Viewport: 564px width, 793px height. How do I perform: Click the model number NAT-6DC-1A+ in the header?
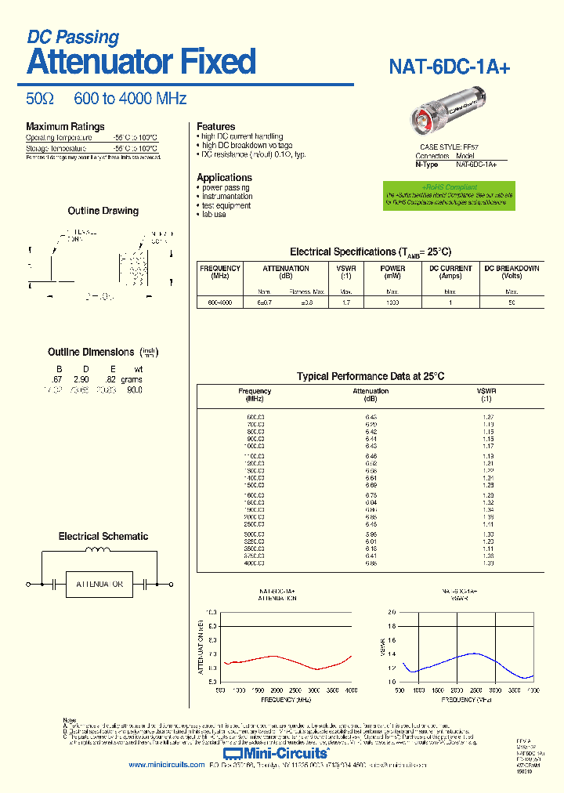[x=450, y=68]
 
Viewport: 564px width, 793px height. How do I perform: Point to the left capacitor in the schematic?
[x=54, y=585]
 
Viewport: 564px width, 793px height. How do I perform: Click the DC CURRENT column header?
[x=450, y=272]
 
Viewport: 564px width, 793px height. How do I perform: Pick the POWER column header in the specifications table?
[x=392, y=272]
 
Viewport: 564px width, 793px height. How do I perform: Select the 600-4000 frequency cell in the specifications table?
[x=220, y=302]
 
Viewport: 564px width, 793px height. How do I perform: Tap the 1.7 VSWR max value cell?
[x=345, y=302]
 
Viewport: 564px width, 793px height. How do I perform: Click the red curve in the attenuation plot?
[x=274, y=656]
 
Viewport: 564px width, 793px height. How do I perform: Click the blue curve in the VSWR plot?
[x=470, y=654]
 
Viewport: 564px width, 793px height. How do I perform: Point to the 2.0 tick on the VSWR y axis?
[x=392, y=612]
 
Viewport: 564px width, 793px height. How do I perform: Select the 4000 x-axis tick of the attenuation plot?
[x=351, y=690]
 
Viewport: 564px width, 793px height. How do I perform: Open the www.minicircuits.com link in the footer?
[x=166, y=765]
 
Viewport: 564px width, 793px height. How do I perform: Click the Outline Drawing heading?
[x=103, y=211]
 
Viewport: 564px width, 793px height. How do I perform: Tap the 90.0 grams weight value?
[x=134, y=389]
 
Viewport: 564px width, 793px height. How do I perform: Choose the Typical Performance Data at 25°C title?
[x=371, y=377]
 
